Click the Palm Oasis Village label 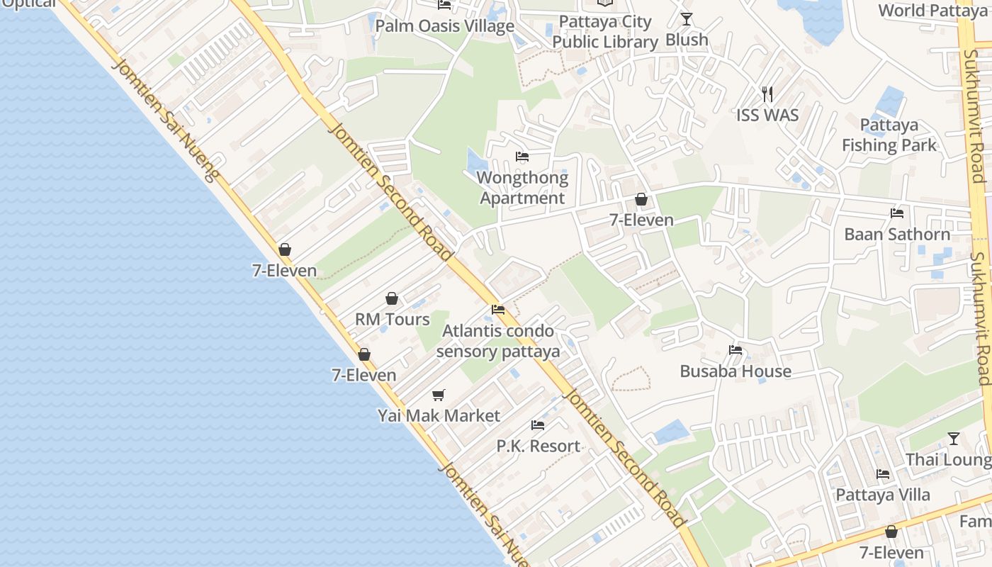[444, 27]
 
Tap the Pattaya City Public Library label [605, 32]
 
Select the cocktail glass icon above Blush [686, 19]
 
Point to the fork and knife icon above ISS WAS [767, 94]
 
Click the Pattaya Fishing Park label [889, 135]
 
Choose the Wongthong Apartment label [522, 188]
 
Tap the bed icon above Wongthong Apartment [522, 157]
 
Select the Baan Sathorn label [897, 235]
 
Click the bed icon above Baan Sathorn [897, 213]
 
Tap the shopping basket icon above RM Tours [392, 299]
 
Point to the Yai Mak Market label [439, 416]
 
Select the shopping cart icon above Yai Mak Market [439, 395]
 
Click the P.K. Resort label [538, 447]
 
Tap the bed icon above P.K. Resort [538, 425]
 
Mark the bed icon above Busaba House [735, 350]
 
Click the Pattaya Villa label [883, 495]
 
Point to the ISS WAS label [767, 116]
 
